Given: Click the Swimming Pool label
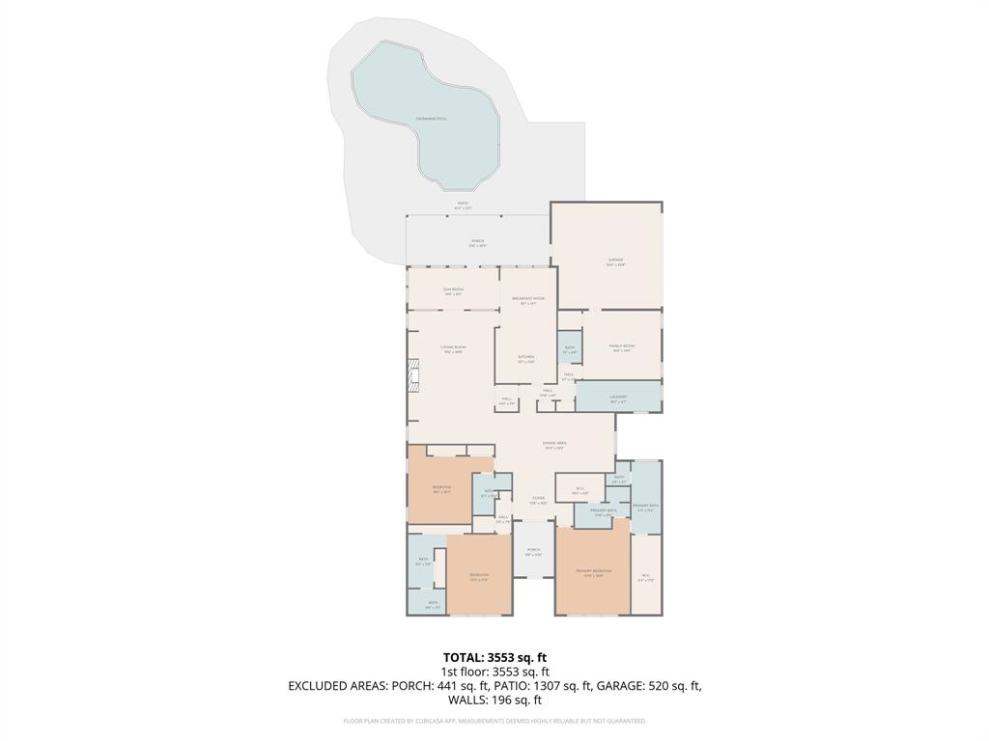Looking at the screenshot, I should (431, 119).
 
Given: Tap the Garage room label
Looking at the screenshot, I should (615, 261).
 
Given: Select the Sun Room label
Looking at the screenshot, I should (454, 291).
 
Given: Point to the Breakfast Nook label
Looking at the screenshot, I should (527, 302).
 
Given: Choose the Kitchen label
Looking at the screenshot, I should (525, 359).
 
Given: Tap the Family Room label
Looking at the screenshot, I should (622, 347).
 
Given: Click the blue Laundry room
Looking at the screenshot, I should (618, 397).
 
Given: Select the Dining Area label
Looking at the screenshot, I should (554, 445).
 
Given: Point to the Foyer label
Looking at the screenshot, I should (538, 501).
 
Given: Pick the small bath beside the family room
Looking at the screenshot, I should (569, 349).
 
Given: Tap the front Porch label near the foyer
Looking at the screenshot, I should (533, 553).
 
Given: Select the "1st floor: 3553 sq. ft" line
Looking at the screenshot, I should (494, 672).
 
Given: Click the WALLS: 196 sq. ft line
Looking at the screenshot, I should (494, 700).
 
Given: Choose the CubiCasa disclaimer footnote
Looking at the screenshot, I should (494, 721).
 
